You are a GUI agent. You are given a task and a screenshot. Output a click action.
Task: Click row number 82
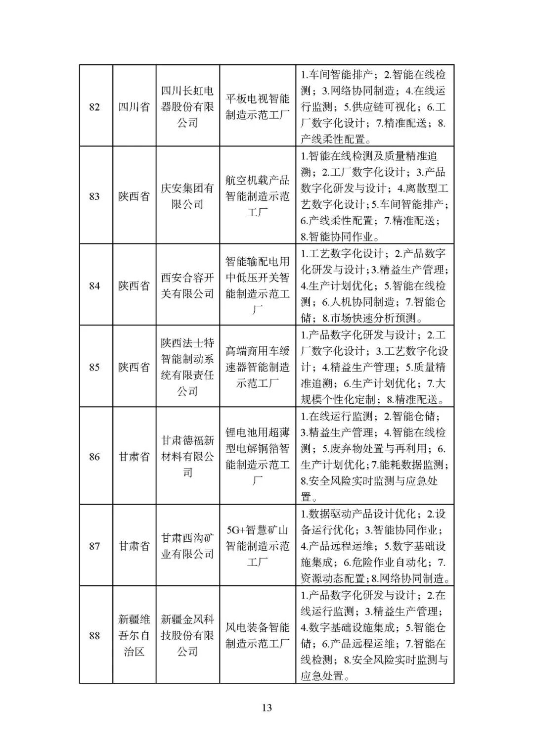tap(94, 107)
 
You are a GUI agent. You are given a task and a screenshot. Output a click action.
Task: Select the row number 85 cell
tap(94, 367)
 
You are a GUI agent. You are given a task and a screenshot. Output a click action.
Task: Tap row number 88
tap(94, 635)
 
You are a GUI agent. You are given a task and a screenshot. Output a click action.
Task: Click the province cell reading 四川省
tap(134, 107)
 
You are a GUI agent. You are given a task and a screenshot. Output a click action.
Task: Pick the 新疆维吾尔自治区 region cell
tap(134, 635)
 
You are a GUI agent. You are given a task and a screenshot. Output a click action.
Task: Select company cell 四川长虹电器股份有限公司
tap(187, 107)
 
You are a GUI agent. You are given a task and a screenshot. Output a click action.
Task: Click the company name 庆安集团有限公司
tap(187, 196)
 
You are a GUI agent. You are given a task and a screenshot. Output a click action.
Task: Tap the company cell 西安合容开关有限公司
tap(187, 285)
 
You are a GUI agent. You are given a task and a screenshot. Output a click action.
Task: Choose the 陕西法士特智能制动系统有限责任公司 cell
tap(187, 367)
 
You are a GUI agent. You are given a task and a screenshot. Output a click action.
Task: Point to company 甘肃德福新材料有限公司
tap(187, 456)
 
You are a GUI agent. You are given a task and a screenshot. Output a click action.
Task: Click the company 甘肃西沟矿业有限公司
tap(187, 546)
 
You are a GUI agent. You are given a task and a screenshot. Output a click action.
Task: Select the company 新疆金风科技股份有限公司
tap(187, 635)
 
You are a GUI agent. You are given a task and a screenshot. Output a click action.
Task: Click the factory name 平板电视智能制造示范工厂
tap(258, 107)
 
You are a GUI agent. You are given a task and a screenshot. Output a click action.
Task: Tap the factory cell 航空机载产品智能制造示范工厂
tap(258, 196)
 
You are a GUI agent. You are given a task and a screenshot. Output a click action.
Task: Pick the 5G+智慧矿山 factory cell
tap(258, 546)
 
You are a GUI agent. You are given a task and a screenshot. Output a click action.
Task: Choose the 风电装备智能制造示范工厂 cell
tap(258, 635)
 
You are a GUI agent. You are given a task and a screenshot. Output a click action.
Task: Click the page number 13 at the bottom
tap(267, 708)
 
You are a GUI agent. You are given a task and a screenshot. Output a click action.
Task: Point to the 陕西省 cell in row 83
tap(134, 196)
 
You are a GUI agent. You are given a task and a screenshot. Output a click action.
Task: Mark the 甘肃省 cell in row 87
tap(134, 546)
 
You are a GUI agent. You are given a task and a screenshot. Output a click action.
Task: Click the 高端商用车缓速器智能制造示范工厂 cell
tap(258, 367)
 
